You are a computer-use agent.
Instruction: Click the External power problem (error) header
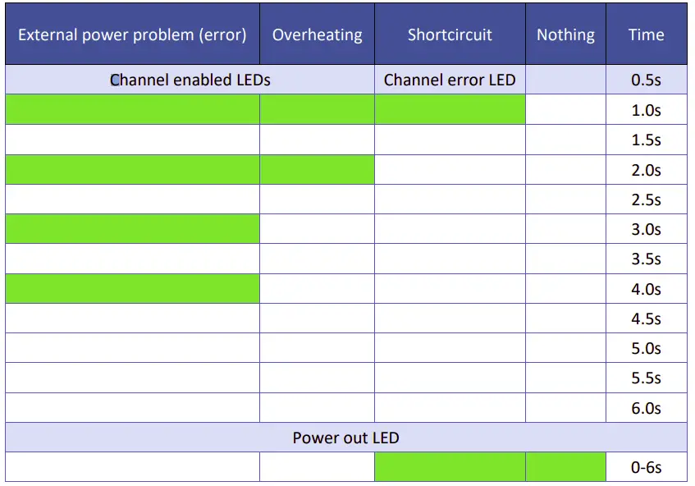(x=132, y=34)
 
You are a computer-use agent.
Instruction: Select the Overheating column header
(x=317, y=34)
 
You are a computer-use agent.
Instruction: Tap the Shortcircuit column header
(x=450, y=34)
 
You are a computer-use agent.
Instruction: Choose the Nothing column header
(x=565, y=34)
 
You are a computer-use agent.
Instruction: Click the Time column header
(x=646, y=34)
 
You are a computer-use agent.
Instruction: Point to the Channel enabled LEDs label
(x=190, y=80)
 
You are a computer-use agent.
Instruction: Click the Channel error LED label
(x=450, y=80)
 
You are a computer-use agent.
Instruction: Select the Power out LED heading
(x=345, y=438)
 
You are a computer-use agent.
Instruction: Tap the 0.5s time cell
(x=646, y=80)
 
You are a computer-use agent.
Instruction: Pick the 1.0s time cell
(x=646, y=110)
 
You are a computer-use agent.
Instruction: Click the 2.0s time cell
(x=646, y=170)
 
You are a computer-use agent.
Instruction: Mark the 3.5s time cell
(x=646, y=259)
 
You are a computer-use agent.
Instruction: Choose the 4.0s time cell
(x=646, y=289)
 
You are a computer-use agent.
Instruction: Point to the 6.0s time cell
(x=646, y=408)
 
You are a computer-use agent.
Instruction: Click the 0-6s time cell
(x=646, y=468)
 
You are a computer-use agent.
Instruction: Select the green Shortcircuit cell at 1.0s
(x=450, y=109)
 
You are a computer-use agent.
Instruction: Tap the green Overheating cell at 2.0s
(x=317, y=170)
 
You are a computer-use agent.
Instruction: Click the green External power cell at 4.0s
(x=132, y=288)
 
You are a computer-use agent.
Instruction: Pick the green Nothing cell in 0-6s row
(x=565, y=467)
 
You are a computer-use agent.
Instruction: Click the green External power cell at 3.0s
(x=132, y=229)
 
